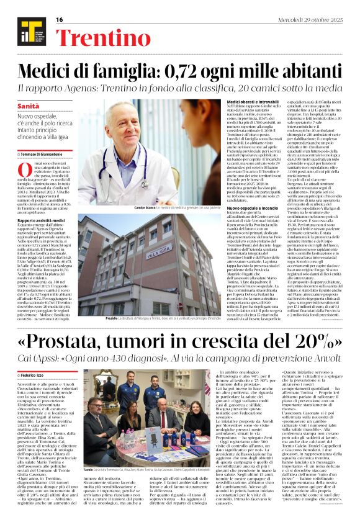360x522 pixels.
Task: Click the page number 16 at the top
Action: [x=60, y=20]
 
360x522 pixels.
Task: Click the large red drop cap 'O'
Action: [x=24, y=171]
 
